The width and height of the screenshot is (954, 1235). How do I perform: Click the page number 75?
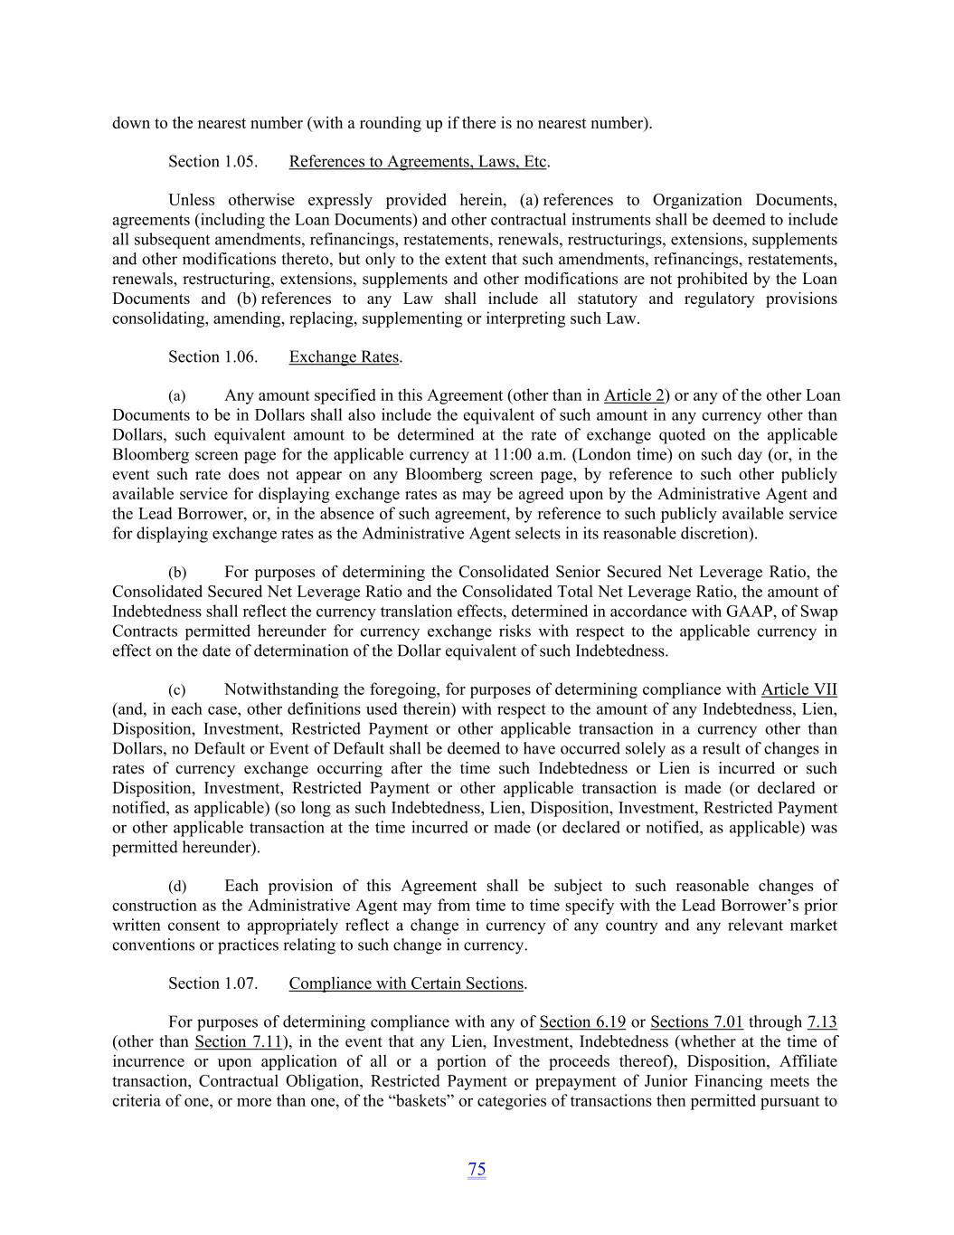click(x=477, y=1169)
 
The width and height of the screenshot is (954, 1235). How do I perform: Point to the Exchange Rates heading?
click(x=344, y=357)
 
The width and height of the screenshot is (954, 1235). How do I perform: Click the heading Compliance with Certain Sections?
click(x=406, y=983)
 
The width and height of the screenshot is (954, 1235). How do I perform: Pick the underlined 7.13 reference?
click(x=822, y=1022)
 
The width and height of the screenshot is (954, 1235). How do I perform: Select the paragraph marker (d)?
click(x=177, y=887)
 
